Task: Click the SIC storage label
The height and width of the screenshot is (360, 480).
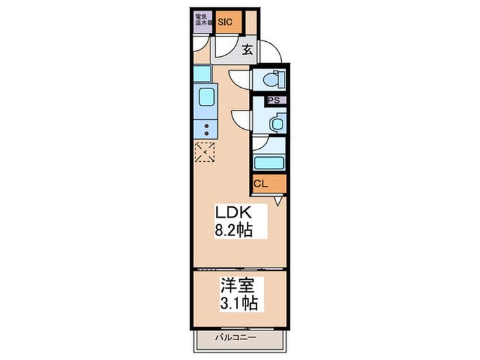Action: [x=226, y=22]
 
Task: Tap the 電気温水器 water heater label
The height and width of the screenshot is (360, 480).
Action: [x=202, y=21]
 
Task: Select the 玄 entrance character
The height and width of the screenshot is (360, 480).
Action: [x=248, y=49]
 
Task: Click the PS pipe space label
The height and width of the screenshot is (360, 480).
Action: [x=274, y=101]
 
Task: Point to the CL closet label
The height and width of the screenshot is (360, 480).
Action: [x=261, y=184]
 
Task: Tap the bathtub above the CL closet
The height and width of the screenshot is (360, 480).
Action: [x=269, y=163]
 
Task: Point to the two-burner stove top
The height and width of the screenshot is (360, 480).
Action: [x=205, y=128]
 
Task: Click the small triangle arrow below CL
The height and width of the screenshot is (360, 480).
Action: [x=278, y=201]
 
